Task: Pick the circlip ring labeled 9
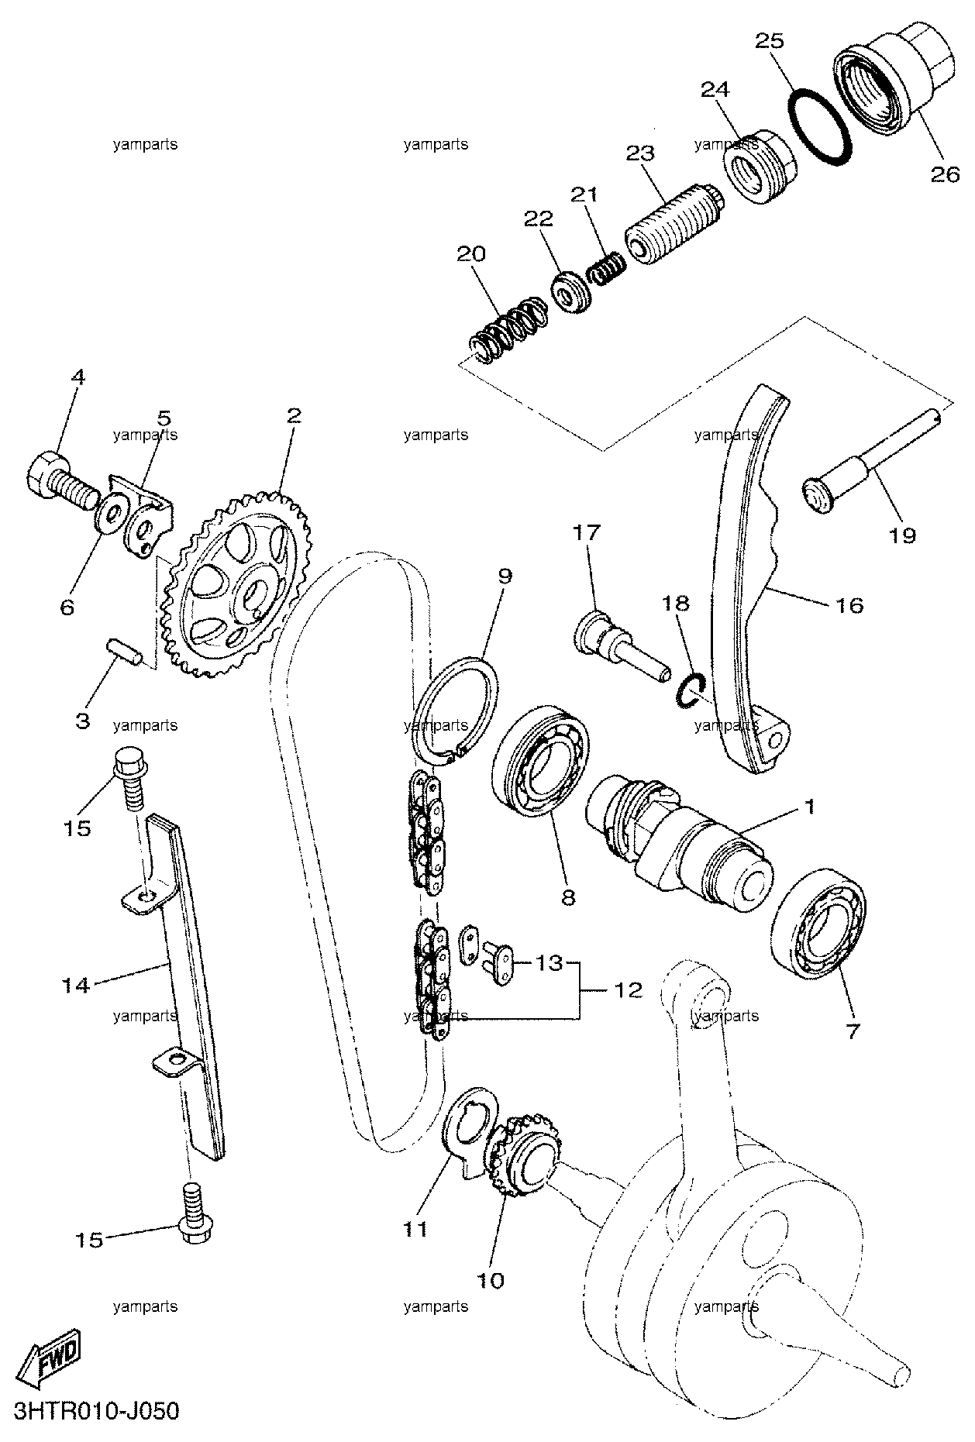[454, 709]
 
